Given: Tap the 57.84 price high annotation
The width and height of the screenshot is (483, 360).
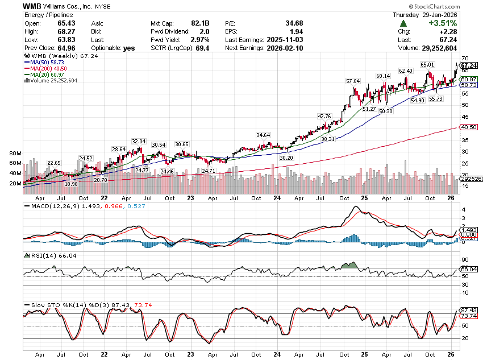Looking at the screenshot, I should point(353,81).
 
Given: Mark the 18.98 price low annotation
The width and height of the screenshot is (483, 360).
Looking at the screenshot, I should point(71,184).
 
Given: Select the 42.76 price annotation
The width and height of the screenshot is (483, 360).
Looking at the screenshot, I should point(324,117).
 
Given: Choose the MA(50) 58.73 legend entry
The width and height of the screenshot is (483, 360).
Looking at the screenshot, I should point(45,63).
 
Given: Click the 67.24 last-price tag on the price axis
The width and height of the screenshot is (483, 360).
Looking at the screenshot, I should point(468,65).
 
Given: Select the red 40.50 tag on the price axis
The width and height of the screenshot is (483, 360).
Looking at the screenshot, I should point(468,127).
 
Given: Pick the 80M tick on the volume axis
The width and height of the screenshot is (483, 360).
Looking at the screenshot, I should point(15,154).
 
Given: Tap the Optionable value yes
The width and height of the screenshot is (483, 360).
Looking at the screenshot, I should point(129,48).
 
